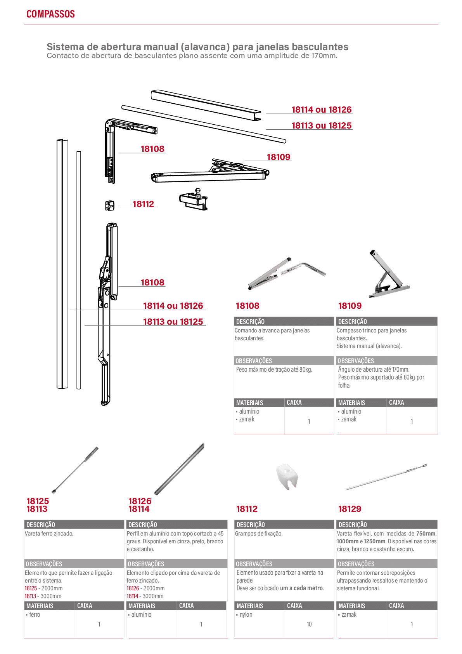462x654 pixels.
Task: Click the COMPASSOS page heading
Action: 50,14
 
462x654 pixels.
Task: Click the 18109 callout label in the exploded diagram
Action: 278,157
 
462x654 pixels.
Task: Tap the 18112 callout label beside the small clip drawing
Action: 143,204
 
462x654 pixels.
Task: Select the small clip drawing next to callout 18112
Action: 110,205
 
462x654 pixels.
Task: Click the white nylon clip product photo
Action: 287,477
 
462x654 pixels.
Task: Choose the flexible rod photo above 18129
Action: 386,477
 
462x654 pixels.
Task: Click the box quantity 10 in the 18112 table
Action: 309,624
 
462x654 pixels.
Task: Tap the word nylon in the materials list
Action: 246,614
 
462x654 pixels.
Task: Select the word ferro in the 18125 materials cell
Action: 35,614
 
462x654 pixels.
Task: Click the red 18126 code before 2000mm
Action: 133,588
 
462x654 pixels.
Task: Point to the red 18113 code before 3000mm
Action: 30,596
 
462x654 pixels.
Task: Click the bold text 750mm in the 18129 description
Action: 426,534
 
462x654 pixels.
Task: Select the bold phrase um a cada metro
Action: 302,588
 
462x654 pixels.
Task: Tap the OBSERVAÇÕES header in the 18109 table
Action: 356,360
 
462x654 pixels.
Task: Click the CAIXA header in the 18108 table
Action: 294,402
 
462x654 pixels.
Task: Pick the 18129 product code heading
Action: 350,509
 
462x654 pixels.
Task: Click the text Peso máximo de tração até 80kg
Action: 274,369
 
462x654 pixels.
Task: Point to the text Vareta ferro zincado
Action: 49,534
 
